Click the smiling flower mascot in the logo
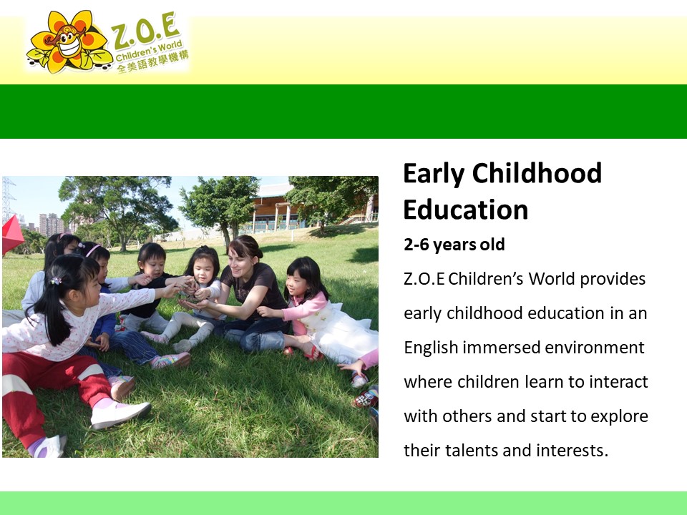[x=68, y=41]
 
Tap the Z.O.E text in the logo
[x=145, y=31]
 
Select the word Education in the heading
[x=466, y=210]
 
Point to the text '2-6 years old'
[x=454, y=245]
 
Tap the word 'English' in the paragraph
[x=431, y=348]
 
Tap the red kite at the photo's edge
[x=12, y=235]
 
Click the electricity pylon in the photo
[x=8, y=200]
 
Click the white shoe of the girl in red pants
[x=120, y=414]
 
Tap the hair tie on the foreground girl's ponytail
[x=55, y=280]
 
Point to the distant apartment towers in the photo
[x=51, y=225]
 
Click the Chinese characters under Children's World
[x=152, y=62]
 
